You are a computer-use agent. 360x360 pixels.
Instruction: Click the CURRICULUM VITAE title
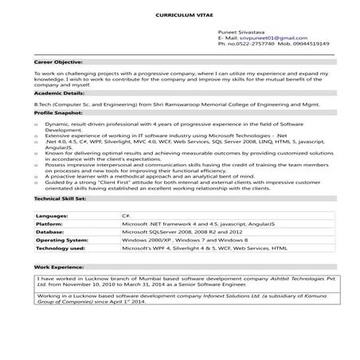pyautogui.click(x=179, y=16)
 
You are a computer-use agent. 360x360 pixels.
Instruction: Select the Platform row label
pyautogui.click(x=50, y=224)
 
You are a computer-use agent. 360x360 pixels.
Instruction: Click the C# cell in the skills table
pyautogui.click(x=126, y=216)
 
